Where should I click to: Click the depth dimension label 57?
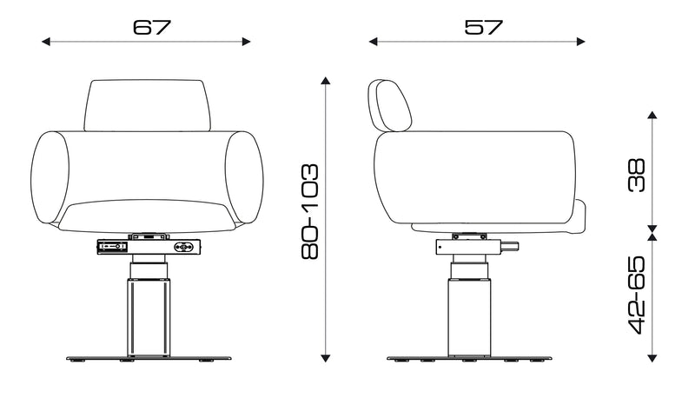pos(483,27)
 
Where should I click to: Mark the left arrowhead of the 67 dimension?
pos(46,41)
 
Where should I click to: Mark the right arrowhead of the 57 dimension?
pos(583,41)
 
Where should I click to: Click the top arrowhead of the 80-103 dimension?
pos(326,82)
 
